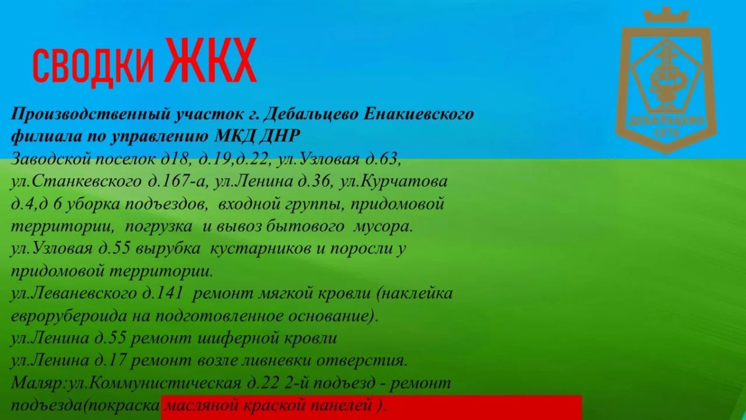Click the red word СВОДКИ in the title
tap(93, 66)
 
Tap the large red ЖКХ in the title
tap(211, 60)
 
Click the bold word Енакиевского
tap(418, 114)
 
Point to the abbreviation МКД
tap(234, 136)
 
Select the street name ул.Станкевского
tap(76, 182)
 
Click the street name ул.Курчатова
tap(393, 182)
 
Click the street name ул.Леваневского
tap(73, 294)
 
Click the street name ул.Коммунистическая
tap(155, 383)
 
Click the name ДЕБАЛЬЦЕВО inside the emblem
tap(666, 120)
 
